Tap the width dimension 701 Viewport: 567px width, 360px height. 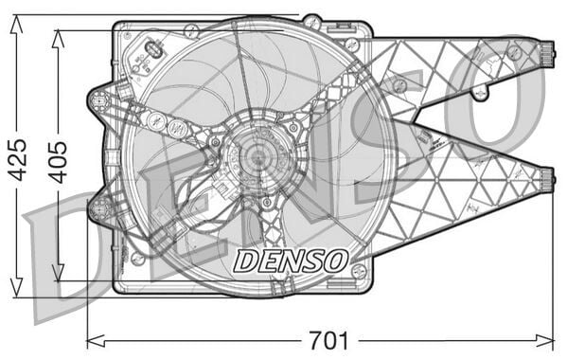coord(328,339)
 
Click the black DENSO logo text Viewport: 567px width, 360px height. coord(291,260)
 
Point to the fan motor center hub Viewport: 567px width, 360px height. coord(257,157)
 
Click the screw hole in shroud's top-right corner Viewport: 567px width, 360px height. coord(352,45)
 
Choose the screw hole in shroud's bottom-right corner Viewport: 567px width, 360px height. coord(358,271)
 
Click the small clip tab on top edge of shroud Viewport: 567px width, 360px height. coord(311,18)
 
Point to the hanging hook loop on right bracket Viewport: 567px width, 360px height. coord(480,93)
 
